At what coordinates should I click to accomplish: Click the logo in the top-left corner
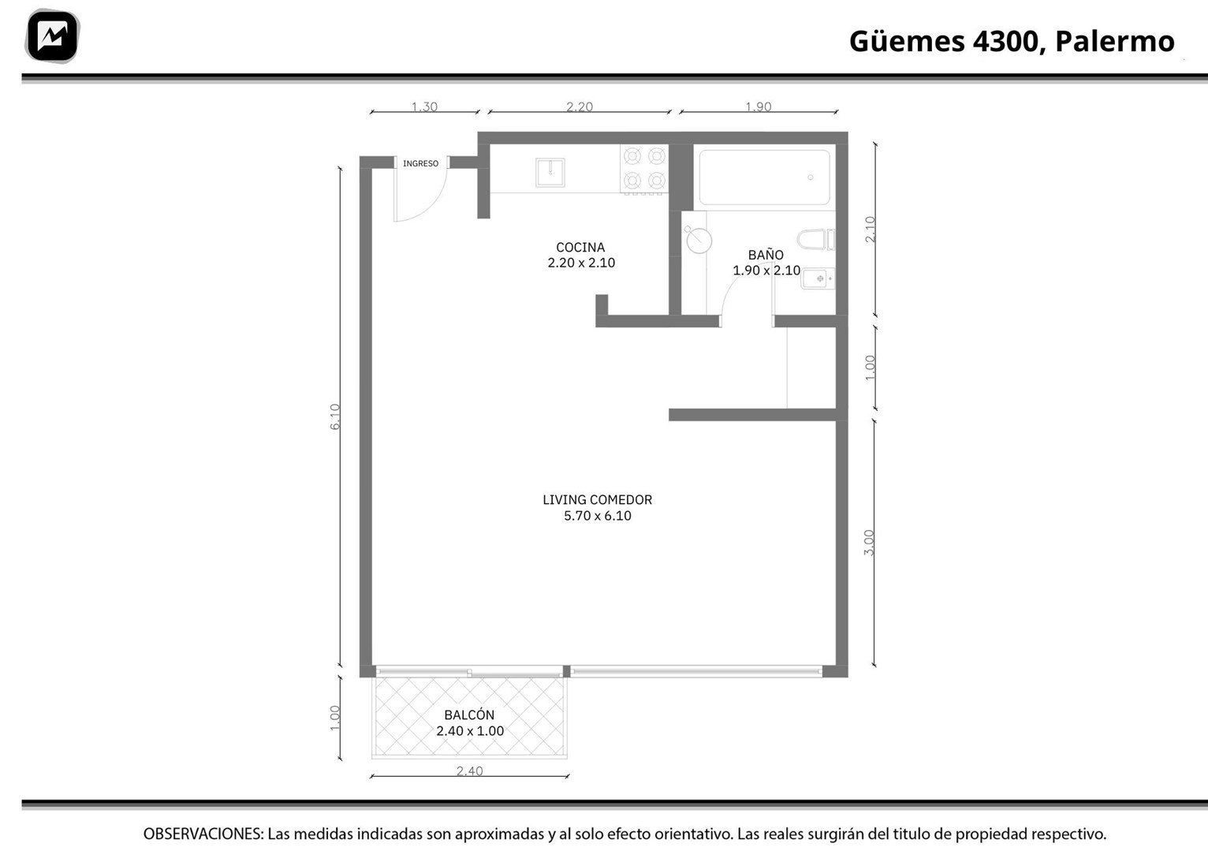pyautogui.click(x=52, y=36)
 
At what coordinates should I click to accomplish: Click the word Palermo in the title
pyautogui.click(x=1115, y=42)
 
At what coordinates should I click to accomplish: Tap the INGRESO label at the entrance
pyautogui.click(x=420, y=163)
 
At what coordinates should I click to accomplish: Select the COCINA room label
pyautogui.click(x=580, y=248)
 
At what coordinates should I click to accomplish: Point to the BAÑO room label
pyautogui.click(x=766, y=255)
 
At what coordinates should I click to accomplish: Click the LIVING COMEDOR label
pyautogui.click(x=598, y=500)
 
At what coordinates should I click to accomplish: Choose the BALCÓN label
pyautogui.click(x=469, y=715)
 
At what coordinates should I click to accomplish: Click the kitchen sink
pyautogui.click(x=550, y=172)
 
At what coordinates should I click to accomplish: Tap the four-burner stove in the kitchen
pyautogui.click(x=644, y=168)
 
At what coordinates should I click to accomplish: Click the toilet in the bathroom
pyautogui.click(x=815, y=240)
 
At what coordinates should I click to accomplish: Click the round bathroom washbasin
pyautogui.click(x=699, y=241)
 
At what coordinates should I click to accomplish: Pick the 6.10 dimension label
pyautogui.click(x=335, y=416)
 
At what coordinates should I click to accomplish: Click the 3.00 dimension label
pyautogui.click(x=869, y=543)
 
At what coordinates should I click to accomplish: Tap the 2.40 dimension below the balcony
pyautogui.click(x=469, y=771)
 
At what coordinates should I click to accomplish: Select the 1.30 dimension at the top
pyautogui.click(x=424, y=106)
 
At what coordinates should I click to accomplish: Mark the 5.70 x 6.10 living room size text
pyautogui.click(x=598, y=516)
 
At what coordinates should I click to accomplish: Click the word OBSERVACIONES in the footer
pyautogui.click(x=203, y=834)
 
